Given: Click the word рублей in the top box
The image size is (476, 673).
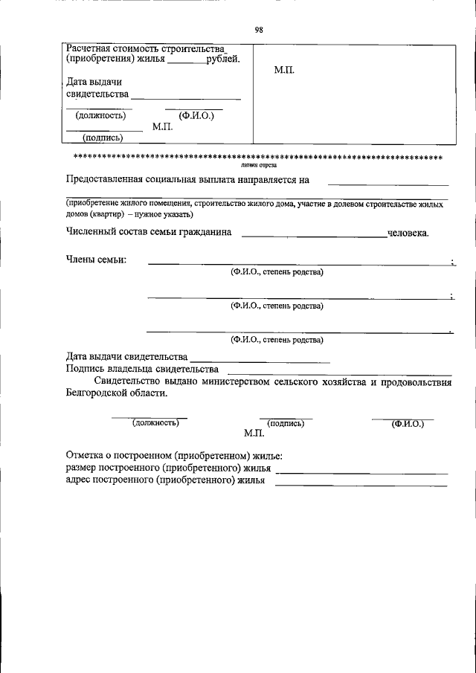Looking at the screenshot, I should click(x=222, y=60).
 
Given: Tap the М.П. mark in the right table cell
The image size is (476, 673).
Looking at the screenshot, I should click(x=285, y=69).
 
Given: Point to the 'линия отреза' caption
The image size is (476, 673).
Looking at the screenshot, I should click(x=259, y=166).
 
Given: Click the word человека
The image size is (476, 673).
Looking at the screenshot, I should click(x=408, y=233).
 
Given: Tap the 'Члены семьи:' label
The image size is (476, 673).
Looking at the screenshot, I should click(x=96, y=259).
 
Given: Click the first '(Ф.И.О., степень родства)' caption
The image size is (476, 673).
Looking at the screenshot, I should click(x=277, y=271).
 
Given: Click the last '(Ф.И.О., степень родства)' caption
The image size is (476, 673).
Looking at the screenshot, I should click(x=277, y=340).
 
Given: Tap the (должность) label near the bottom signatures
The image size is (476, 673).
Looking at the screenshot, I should click(x=155, y=422).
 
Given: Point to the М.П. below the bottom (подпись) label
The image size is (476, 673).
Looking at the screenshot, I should click(x=254, y=433).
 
